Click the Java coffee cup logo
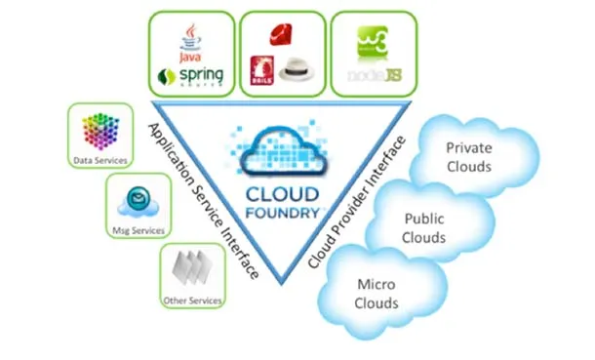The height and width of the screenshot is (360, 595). click(x=191, y=40)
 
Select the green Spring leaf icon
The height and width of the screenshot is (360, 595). click(x=167, y=75)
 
